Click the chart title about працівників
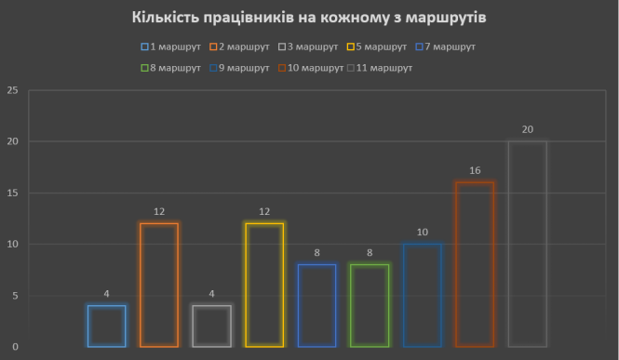[309, 18]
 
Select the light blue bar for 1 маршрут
[106, 326]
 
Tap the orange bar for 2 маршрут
[159, 285]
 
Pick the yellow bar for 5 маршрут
[264, 285]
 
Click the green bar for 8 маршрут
[370, 305]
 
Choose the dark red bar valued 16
[475, 264]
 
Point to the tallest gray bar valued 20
[528, 244]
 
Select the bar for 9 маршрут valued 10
[422, 295]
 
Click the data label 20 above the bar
[528, 129]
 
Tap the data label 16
[475, 170]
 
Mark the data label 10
[422, 232]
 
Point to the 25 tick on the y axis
[12, 90]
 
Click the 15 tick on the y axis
[12, 193]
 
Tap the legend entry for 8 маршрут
[173, 67]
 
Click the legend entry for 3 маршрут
[310, 47]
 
